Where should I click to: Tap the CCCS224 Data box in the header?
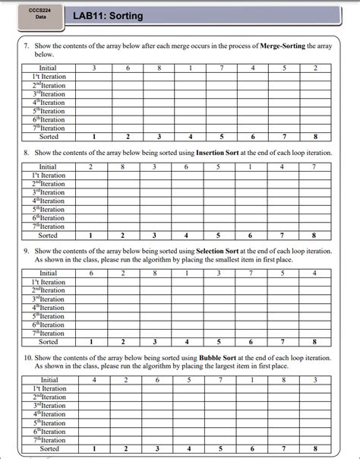click(41, 14)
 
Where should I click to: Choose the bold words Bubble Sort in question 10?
click(223, 356)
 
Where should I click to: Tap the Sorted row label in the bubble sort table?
click(49, 449)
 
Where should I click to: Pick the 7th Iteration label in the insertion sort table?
click(49, 226)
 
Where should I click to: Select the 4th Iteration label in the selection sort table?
click(49, 308)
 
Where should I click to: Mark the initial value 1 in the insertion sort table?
click(250, 167)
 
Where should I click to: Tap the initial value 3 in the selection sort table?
click(218, 274)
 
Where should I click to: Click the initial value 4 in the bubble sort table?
click(93, 380)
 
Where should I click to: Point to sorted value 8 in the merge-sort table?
click(314, 137)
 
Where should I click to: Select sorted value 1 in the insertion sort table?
click(90, 236)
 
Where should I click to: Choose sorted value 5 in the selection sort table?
click(219, 342)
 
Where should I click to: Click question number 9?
click(27, 250)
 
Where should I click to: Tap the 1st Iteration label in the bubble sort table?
click(49, 389)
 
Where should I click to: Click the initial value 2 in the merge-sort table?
click(315, 68)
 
